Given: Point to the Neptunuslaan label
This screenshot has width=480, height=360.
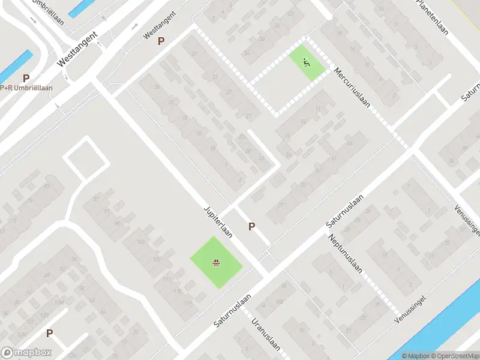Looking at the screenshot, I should pyautogui.click(x=345, y=253).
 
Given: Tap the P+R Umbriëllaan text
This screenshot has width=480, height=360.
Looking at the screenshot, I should pyautogui.click(x=27, y=88).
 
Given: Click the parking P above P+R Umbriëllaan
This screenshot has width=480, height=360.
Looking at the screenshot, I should pyautogui.click(x=26, y=78).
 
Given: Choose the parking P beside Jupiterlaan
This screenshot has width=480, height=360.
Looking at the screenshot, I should pyautogui.click(x=252, y=226).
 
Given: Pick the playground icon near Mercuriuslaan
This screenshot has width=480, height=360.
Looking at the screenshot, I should pyautogui.click(x=307, y=61).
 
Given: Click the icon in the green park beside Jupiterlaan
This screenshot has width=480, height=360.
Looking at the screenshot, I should pyautogui.click(x=215, y=262).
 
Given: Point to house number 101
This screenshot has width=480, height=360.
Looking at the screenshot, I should pyautogui.click(x=142, y=242).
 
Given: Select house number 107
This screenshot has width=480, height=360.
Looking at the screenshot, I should pyautogui.click(x=157, y=259).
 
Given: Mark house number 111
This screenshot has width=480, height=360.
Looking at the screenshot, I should pyautogui.click(x=167, y=280).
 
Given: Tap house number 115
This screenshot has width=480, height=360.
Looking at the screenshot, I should pyautogui.click(x=178, y=292).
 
